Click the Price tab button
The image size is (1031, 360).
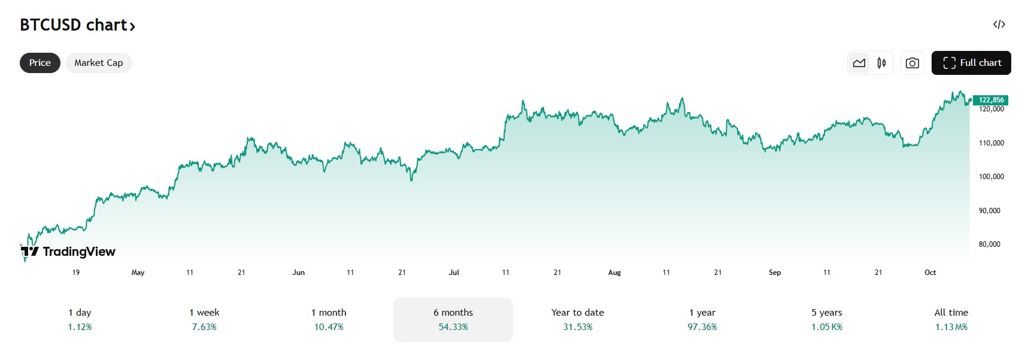(40, 63)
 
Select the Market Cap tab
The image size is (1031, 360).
(99, 63)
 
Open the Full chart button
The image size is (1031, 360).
(971, 63)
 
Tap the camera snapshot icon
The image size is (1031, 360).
(912, 63)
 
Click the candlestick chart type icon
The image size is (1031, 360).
(881, 63)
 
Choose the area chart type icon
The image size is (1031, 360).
(859, 63)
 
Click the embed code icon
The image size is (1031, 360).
(999, 25)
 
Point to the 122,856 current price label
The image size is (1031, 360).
(991, 100)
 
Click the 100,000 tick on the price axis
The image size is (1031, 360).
(991, 177)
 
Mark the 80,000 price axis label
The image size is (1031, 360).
(989, 244)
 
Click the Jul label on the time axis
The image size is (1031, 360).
(454, 273)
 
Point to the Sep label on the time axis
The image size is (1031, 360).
(775, 273)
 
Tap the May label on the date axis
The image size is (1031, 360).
(138, 273)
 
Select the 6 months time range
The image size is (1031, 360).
(453, 319)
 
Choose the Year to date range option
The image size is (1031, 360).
(578, 319)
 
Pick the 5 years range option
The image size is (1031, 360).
(827, 319)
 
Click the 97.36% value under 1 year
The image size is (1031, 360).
(702, 327)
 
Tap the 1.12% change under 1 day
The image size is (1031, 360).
(80, 327)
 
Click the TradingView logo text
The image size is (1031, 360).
(78, 252)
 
